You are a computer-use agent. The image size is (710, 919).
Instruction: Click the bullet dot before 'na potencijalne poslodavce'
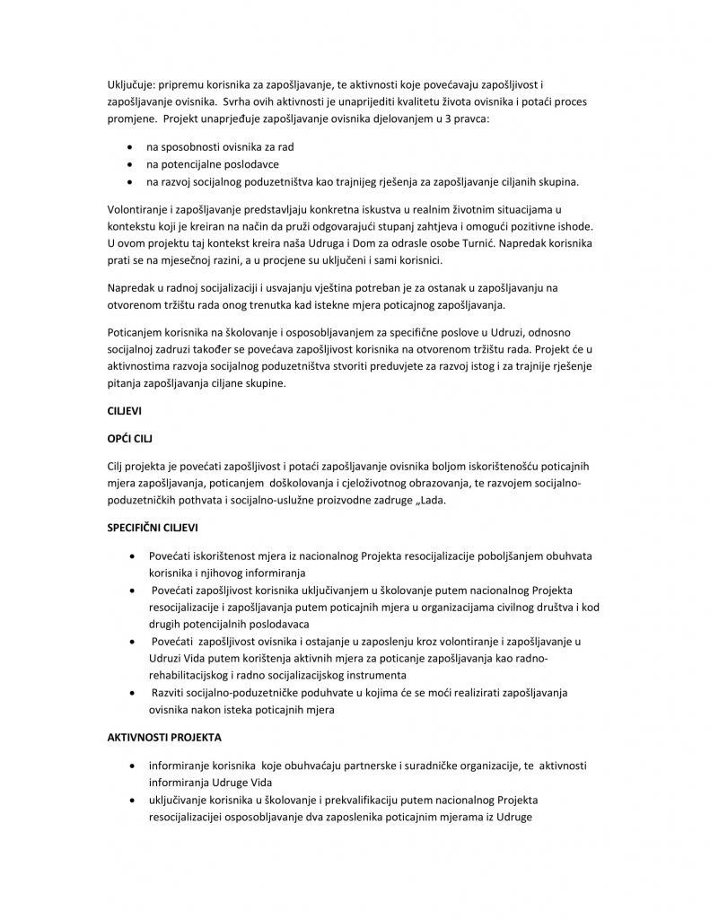tap(133, 164)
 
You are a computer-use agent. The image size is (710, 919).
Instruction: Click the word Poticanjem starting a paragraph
tap(135, 330)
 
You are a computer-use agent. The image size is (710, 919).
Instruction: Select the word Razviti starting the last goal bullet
tap(171, 692)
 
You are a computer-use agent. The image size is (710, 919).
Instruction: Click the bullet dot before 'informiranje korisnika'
tap(133, 766)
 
